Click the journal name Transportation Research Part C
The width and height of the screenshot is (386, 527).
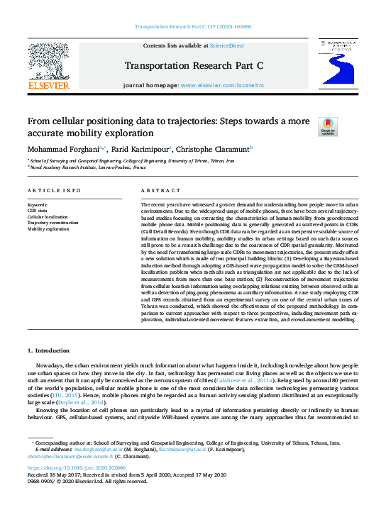192,66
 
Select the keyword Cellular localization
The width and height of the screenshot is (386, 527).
48,216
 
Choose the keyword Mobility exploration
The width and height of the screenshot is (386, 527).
48,229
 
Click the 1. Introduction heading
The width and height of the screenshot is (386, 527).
49,350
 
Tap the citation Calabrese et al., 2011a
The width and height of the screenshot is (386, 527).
256,380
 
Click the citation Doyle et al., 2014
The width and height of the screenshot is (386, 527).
85,402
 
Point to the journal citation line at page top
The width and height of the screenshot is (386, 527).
192,27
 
